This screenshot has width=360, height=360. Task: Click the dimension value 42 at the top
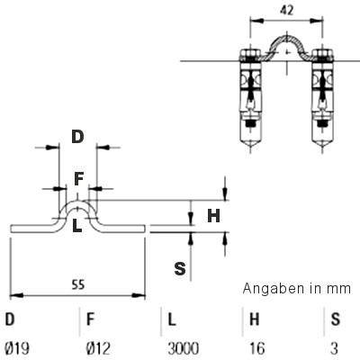pyautogui.click(x=286, y=11)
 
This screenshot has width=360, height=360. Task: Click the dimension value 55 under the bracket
pyautogui.click(x=78, y=284)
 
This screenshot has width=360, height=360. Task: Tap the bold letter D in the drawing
pyautogui.click(x=77, y=137)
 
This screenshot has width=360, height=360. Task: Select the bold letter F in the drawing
pyautogui.click(x=78, y=179)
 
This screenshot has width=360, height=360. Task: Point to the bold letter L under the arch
pyautogui.click(x=77, y=226)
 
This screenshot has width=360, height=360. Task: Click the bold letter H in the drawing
pyautogui.click(x=213, y=215)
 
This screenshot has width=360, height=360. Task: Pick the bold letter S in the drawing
pyautogui.click(x=180, y=268)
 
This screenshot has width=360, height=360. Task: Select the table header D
pyautogui.click(x=10, y=319)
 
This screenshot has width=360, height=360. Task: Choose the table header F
pyautogui.click(x=90, y=319)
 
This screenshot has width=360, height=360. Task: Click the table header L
pyautogui.click(x=172, y=319)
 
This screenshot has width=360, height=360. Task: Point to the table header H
pyautogui.click(x=254, y=319)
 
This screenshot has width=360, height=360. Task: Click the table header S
pyautogui.click(x=336, y=319)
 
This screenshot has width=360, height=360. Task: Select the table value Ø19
pyautogui.click(x=17, y=348)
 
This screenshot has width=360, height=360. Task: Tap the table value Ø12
pyautogui.click(x=98, y=348)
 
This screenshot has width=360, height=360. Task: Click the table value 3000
pyautogui.click(x=183, y=348)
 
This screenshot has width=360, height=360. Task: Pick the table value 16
pyautogui.click(x=257, y=348)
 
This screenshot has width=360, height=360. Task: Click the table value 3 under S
pyautogui.click(x=334, y=348)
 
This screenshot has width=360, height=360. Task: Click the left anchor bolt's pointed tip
pyautogui.click(x=250, y=149)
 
